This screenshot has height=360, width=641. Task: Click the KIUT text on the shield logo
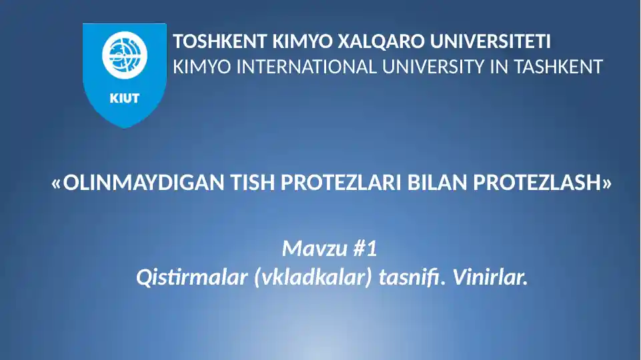click(124, 98)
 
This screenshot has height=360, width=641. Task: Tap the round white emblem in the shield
click(124, 56)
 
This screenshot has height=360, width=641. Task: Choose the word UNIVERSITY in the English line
click(434, 67)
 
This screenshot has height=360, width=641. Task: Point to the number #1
click(364, 250)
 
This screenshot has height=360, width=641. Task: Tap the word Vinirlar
click(490, 277)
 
